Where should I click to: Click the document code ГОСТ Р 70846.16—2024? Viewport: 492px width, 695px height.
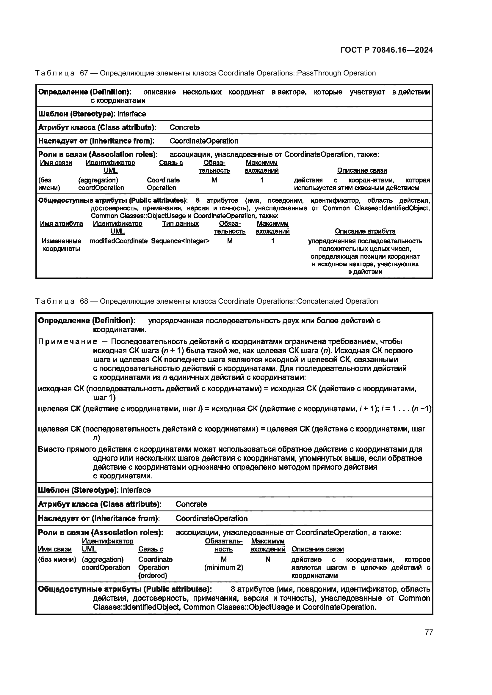click(387, 50)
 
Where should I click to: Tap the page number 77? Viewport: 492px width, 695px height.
click(429, 632)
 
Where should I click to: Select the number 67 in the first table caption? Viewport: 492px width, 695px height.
click(84, 73)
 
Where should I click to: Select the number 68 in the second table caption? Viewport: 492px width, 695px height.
click(84, 301)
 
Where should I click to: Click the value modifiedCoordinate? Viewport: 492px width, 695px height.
click(118, 241)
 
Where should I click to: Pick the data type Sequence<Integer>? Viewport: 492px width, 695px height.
click(180, 241)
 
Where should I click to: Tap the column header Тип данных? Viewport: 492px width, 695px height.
click(180, 223)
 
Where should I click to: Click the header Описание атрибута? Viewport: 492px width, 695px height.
click(365, 231)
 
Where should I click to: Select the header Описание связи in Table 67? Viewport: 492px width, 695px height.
click(362, 170)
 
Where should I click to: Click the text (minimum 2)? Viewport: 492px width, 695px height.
click(224, 567)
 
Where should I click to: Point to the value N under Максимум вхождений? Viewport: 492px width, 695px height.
click(268, 560)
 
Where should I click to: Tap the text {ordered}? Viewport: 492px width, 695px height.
click(153, 575)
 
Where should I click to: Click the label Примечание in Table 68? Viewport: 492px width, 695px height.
click(68, 342)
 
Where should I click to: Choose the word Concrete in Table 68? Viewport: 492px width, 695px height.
click(191, 504)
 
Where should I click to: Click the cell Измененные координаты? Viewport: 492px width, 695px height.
click(61, 245)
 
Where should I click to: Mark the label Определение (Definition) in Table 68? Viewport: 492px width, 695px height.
click(86, 320)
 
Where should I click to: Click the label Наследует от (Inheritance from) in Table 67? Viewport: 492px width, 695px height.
click(96, 141)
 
